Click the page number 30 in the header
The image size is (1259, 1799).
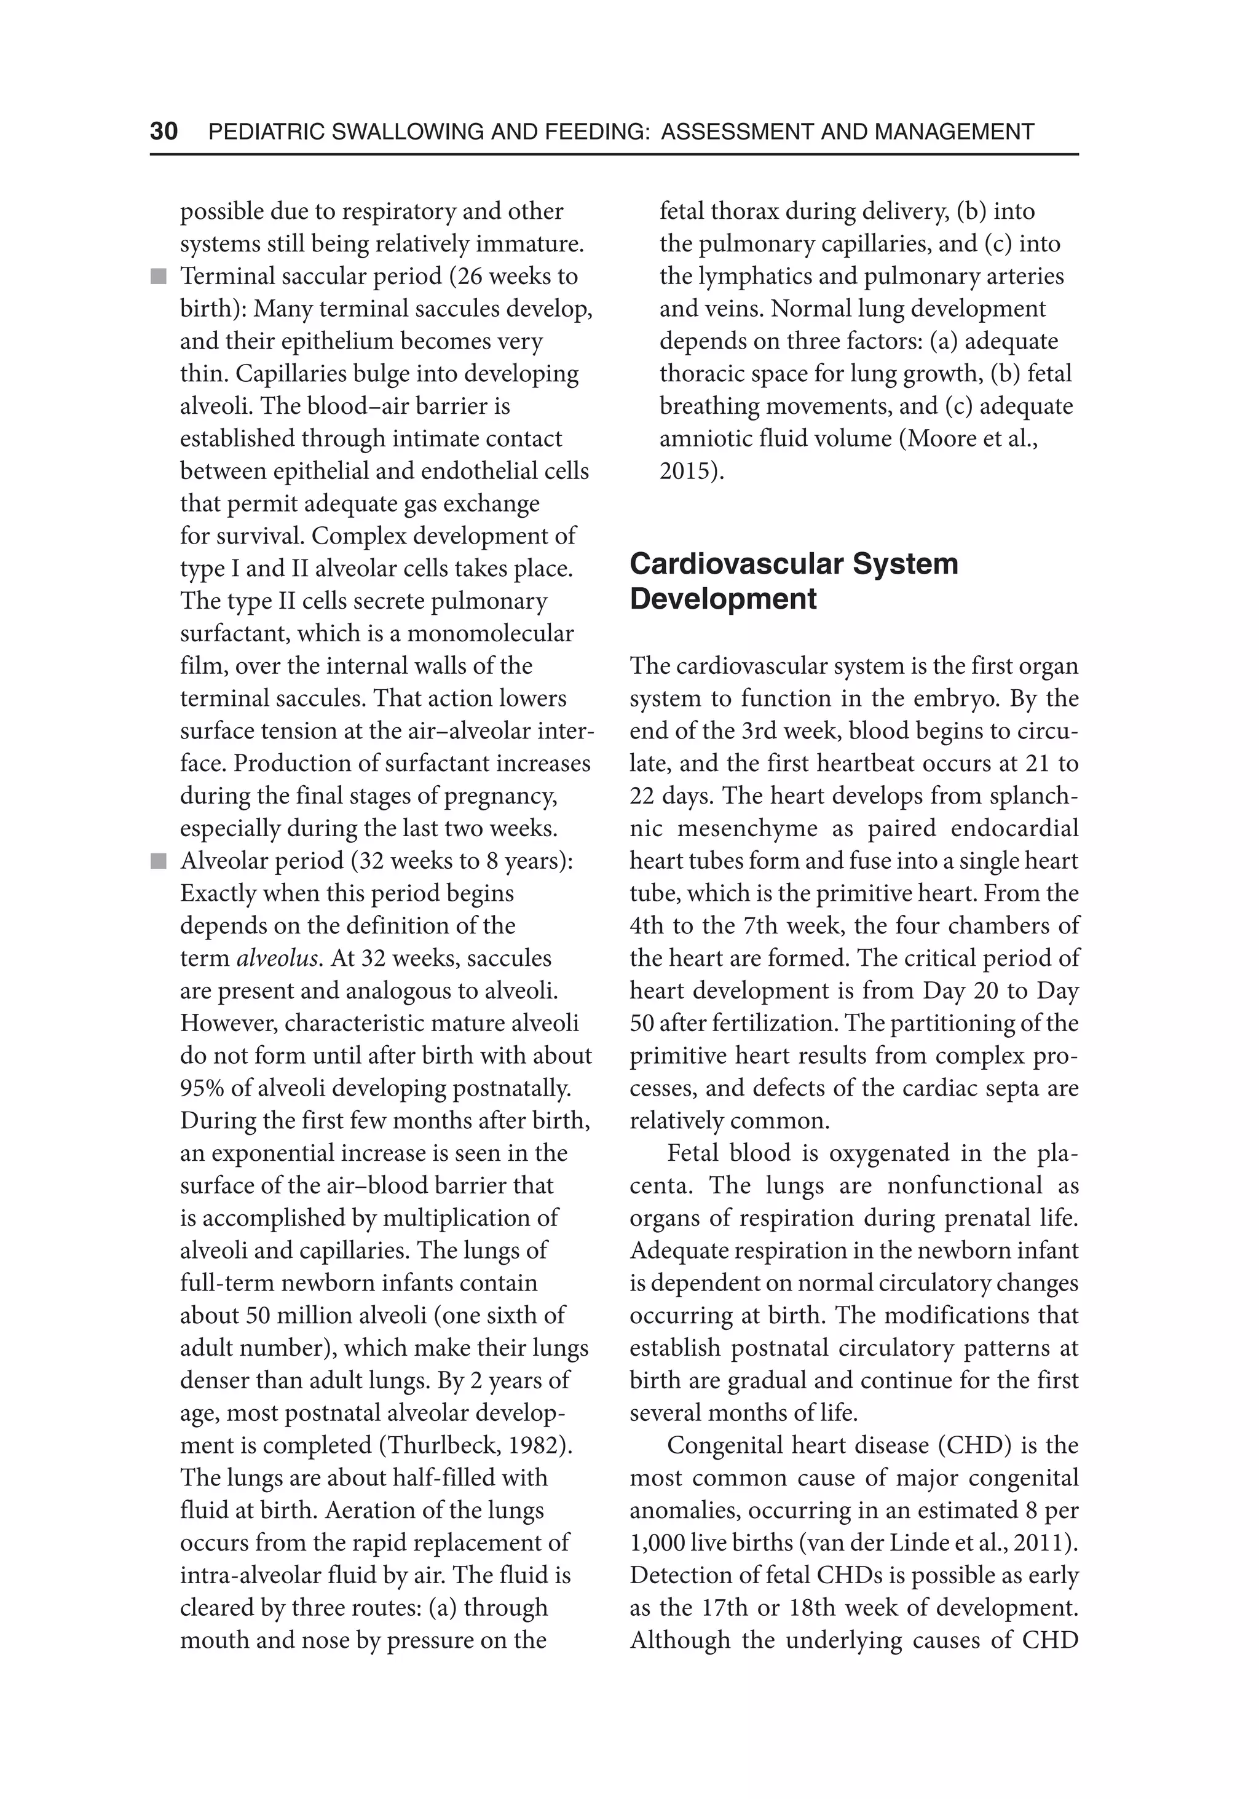pos(164,131)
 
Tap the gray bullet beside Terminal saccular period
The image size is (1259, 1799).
pos(159,277)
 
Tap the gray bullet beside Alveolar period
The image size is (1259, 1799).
pos(159,861)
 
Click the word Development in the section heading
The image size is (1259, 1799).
pos(722,599)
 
